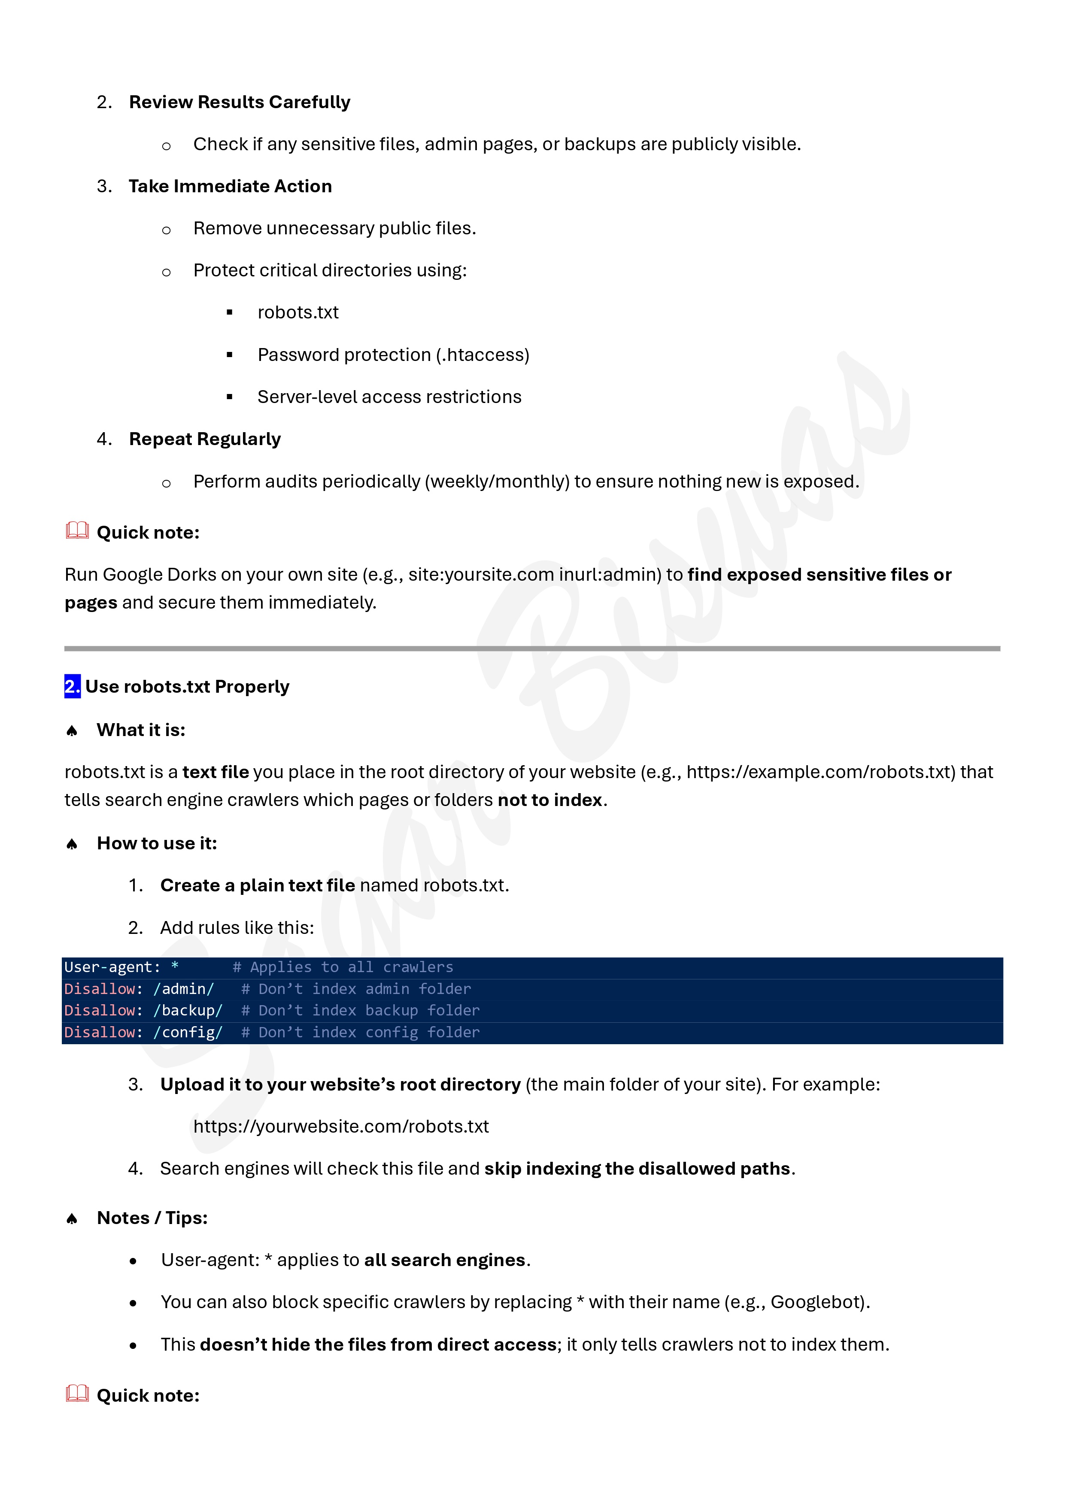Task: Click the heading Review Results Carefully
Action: (240, 102)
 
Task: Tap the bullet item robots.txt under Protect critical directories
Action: (298, 312)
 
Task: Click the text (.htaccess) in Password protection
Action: (482, 355)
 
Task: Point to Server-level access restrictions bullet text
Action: (389, 397)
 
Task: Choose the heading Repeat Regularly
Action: (205, 439)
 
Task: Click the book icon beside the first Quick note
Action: (77, 530)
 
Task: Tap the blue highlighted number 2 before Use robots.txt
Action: (72, 686)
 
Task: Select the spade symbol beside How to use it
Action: (72, 843)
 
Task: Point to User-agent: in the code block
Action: (112, 967)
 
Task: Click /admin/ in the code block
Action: (184, 988)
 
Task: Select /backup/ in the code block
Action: (188, 1010)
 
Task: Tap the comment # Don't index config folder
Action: (360, 1033)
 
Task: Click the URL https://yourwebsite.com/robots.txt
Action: (340, 1126)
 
